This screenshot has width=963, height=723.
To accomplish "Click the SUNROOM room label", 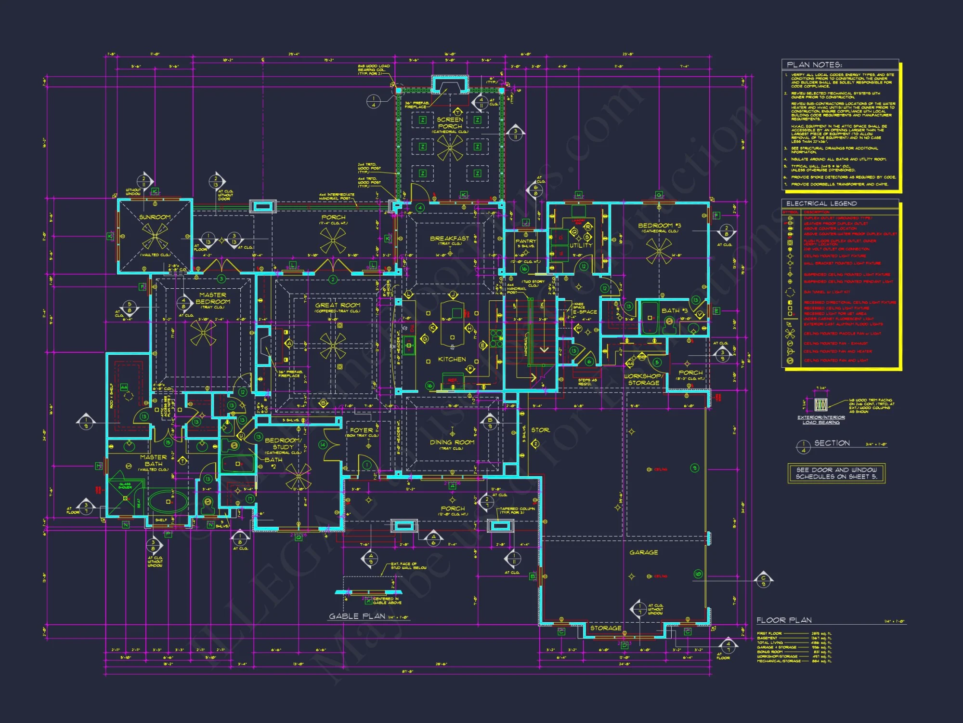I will tap(155, 217).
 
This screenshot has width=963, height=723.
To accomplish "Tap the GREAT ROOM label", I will tap(337, 305).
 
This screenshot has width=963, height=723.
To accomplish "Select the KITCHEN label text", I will tap(452, 360).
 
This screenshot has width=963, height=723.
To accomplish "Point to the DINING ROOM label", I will tap(452, 442).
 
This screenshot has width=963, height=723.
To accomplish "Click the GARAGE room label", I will tap(643, 552).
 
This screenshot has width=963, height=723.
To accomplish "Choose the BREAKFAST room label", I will tap(449, 238).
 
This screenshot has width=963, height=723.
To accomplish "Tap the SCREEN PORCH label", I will tap(450, 123).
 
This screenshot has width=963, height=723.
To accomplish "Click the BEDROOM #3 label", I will tap(659, 226).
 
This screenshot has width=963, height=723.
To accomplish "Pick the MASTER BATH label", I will tap(153, 460).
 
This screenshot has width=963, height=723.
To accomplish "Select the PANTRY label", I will tap(525, 241).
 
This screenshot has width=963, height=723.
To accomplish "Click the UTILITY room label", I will tap(581, 245).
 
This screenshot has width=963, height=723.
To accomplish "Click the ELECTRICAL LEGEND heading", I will tap(821, 203).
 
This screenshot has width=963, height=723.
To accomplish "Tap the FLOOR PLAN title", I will tap(784, 620).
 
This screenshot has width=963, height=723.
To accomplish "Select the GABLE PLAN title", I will tap(357, 616).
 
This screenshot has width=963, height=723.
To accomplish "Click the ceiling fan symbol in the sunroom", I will tap(155, 236).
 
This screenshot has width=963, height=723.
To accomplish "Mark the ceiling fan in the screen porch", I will tap(450, 147).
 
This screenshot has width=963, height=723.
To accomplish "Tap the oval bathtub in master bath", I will tap(168, 501).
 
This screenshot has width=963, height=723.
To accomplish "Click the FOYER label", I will tap(362, 430).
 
